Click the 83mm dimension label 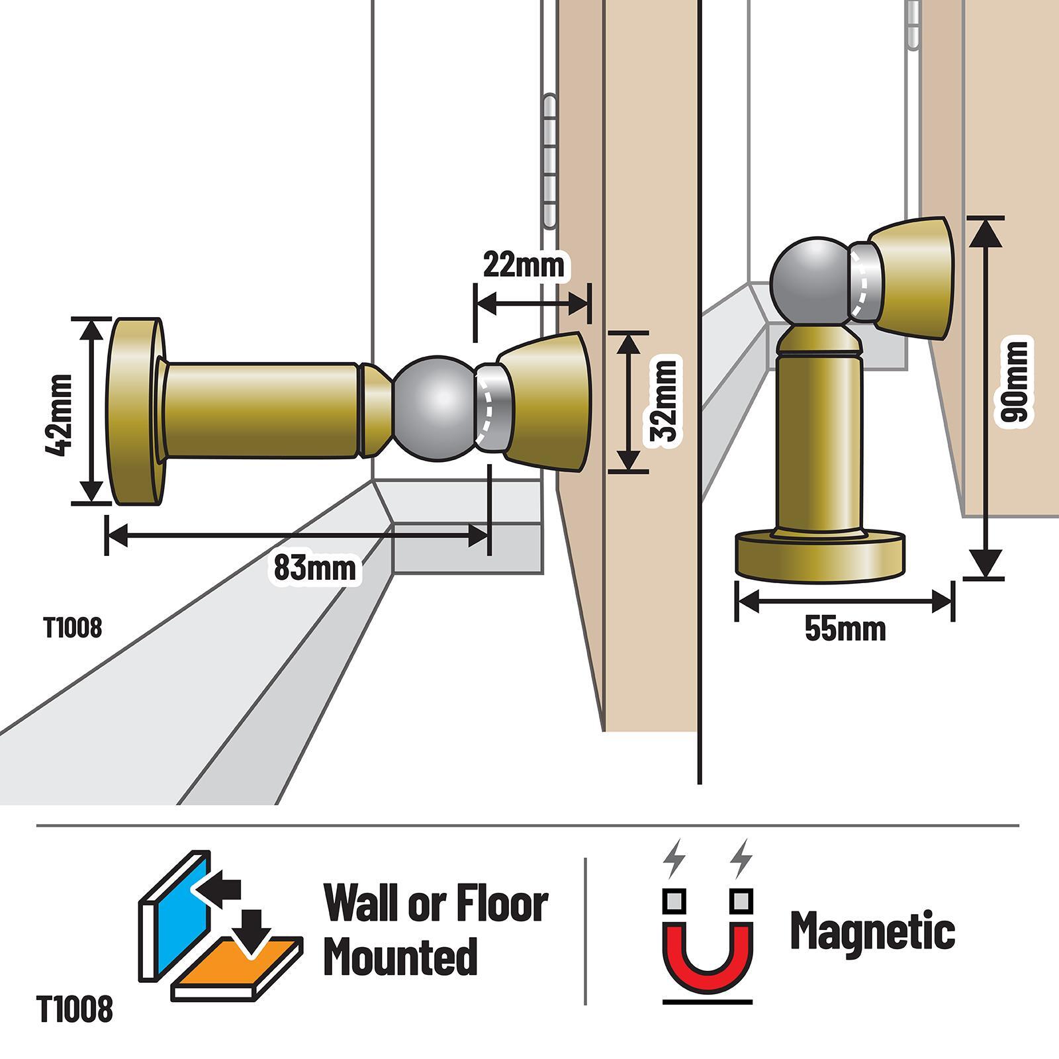pos(314,568)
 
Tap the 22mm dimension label pos(524,265)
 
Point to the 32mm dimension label pos(663,400)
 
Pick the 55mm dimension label pos(845,628)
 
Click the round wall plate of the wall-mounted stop pos(136,410)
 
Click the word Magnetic pos(873,931)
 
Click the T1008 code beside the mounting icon pos(75,1011)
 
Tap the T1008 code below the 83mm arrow pos(73,627)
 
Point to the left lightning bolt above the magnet pos(674,858)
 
